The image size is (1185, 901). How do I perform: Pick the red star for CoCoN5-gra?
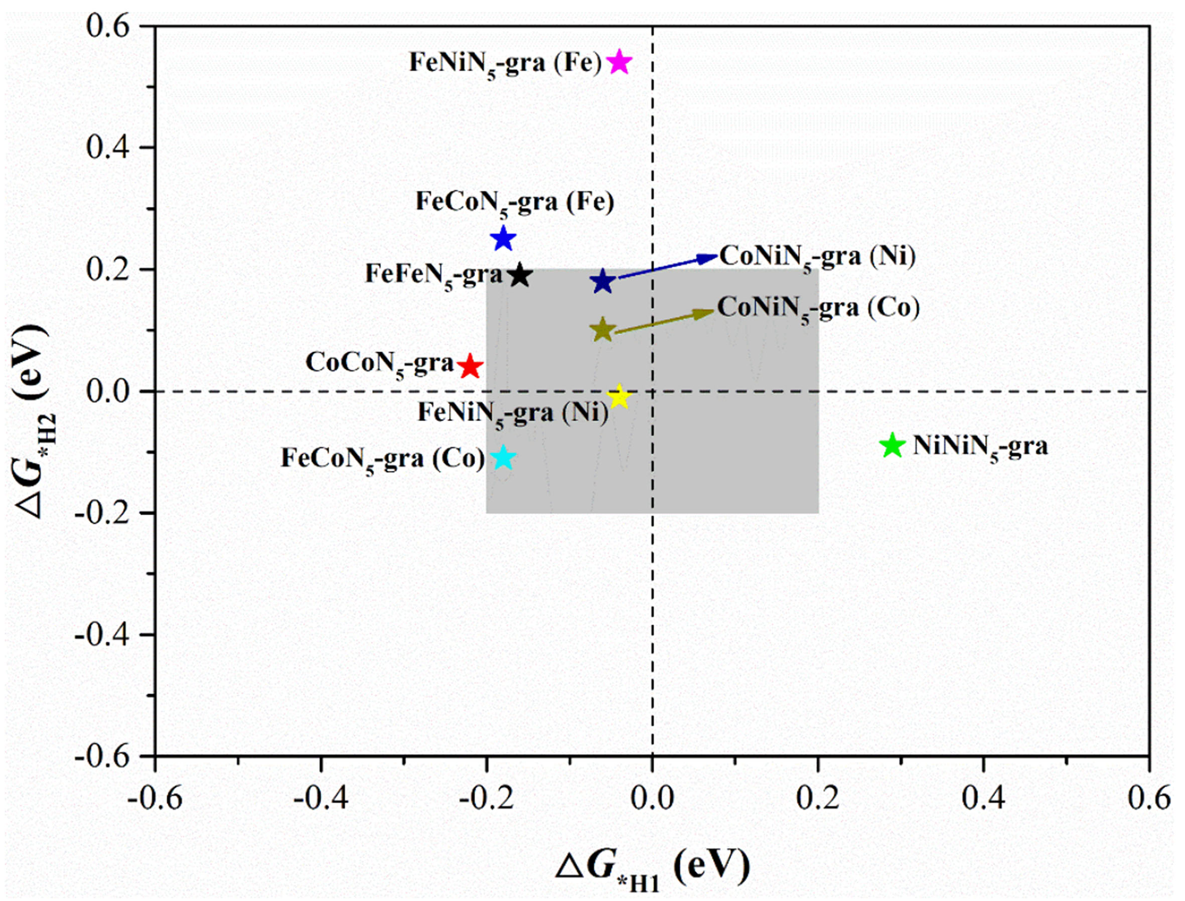[x=470, y=367]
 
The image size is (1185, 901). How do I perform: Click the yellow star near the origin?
[x=619, y=398]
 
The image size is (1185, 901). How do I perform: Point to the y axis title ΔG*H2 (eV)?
[x=33, y=421]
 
